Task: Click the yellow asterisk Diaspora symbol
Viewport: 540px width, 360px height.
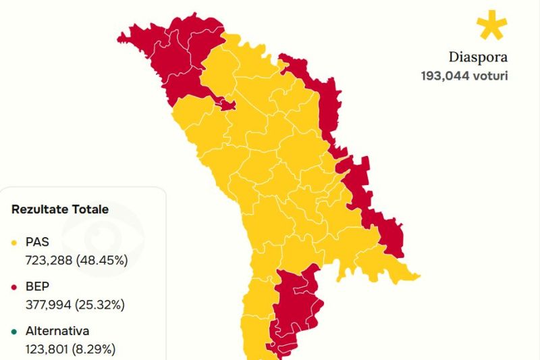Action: point(491,26)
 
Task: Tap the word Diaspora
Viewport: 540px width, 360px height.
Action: point(478,57)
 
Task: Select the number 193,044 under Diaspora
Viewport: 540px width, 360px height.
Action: point(445,75)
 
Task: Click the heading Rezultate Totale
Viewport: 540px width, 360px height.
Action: point(60,209)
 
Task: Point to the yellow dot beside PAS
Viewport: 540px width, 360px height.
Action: point(15,242)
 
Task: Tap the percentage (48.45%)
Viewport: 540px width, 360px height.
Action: point(101,259)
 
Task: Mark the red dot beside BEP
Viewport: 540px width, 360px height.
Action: point(15,287)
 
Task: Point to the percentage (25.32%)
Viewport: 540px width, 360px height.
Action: point(101,305)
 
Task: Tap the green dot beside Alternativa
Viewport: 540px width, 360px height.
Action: point(15,332)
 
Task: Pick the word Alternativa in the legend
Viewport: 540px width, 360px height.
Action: point(57,332)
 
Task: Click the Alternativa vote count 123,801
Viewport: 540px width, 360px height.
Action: point(48,349)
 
